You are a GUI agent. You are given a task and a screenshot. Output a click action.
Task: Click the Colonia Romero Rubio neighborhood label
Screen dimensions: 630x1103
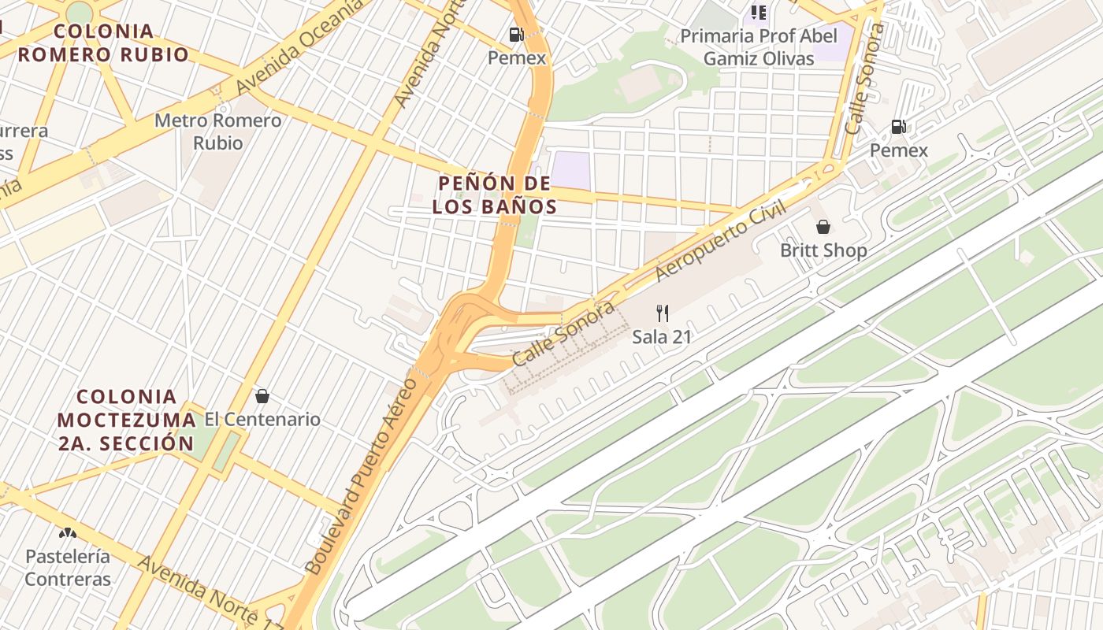click(x=104, y=43)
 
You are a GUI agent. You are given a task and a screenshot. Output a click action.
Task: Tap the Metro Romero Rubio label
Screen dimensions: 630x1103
click(x=217, y=132)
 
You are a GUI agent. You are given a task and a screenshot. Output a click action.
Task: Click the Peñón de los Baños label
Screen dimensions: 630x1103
click(x=494, y=195)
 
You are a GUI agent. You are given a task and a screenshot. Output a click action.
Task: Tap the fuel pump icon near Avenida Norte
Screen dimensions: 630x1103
click(x=517, y=34)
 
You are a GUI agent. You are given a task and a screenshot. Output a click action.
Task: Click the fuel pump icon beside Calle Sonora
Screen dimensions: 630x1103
click(x=898, y=126)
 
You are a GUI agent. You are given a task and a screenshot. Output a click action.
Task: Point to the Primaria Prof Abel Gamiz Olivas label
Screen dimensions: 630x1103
click(x=758, y=47)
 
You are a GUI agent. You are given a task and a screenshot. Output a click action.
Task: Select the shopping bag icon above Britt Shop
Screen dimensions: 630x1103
click(x=823, y=228)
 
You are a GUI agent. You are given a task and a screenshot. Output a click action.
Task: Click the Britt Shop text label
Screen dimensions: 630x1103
click(x=823, y=250)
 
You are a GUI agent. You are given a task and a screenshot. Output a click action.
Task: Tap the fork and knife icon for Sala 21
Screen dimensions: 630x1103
click(x=663, y=313)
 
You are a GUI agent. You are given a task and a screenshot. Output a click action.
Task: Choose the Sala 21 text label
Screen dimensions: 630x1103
click(x=662, y=337)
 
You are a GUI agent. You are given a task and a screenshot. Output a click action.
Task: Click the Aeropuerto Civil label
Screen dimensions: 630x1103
click(x=722, y=241)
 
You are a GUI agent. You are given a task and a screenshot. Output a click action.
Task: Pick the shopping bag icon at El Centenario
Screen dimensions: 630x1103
click(x=262, y=396)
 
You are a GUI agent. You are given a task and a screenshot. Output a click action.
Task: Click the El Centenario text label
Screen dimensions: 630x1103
click(x=262, y=419)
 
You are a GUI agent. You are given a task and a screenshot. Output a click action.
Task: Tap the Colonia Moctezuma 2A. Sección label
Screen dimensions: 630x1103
click(x=126, y=420)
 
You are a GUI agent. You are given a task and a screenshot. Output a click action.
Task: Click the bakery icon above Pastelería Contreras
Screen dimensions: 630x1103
click(x=68, y=533)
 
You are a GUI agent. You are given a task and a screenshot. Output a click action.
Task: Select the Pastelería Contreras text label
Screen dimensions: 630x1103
click(x=68, y=568)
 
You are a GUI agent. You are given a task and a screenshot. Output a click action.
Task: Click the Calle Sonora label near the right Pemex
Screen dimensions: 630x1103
click(x=863, y=79)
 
